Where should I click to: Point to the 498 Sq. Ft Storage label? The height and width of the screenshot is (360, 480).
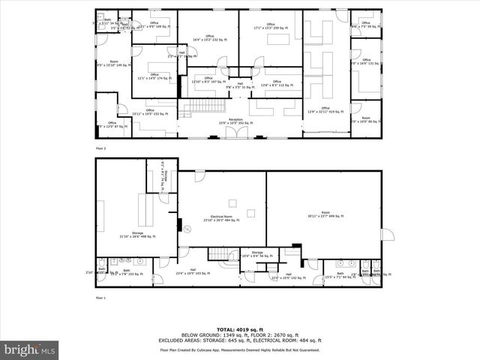(x=137, y=235)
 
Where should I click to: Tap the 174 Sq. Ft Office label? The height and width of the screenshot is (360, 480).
(x=154, y=76)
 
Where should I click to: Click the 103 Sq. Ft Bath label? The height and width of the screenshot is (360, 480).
(x=126, y=272)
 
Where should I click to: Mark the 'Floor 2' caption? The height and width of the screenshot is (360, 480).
(x=101, y=148)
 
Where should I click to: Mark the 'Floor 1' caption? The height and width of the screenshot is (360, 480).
(x=101, y=298)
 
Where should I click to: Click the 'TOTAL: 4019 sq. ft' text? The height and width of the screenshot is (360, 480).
(x=240, y=329)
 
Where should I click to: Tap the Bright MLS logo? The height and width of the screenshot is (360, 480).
(x=28, y=349)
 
